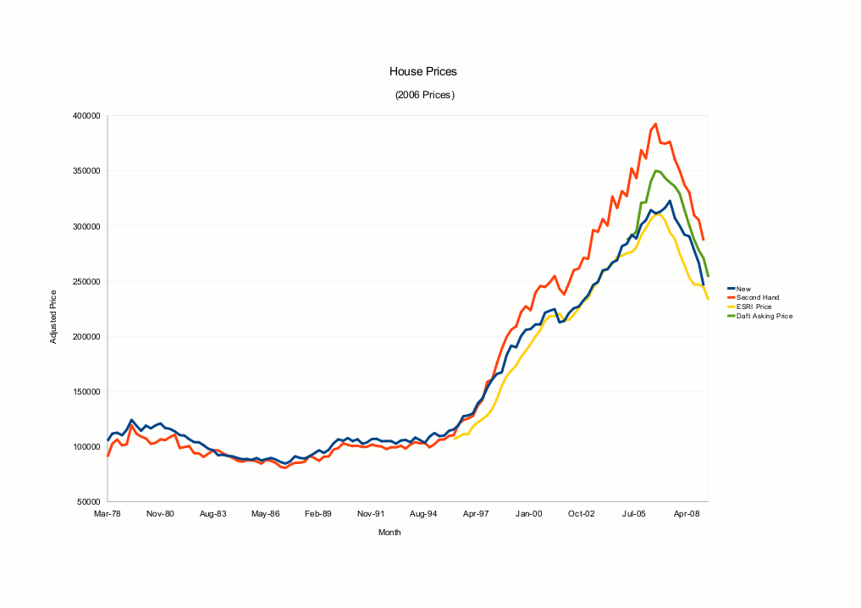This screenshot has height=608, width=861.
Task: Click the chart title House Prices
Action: pyautogui.click(x=423, y=72)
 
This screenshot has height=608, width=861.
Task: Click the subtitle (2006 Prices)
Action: pyautogui.click(x=424, y=95)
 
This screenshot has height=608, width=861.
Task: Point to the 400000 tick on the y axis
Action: pyautogui.click(x=87, y=116)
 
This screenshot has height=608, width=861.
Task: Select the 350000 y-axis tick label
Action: pyautogui.click(x=87, y=171)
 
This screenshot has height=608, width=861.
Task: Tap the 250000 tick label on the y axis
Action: pyautogui.click(x=87, y=281)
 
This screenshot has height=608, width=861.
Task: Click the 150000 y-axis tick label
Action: pyautogui.click(x=87, y=391)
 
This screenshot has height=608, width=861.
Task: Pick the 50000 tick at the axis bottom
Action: pyautogui.click(x=90, y=501)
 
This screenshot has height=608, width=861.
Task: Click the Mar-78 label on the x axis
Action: pyautogui.click(x=108, y=514)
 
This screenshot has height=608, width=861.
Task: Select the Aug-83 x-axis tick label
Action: pyautogui.click(x=212, y=514)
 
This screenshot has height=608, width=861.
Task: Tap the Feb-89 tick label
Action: pyautogui.click(x=318, y=514)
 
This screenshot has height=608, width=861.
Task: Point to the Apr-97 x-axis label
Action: pyautogui.click(x=476, y=514)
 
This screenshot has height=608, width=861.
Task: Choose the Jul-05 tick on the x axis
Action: pyautogui.click(x=635, y=514)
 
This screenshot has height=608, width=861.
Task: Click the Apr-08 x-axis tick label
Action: pyautogui.click(x=687, y=514)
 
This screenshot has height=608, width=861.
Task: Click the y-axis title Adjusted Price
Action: pyautogui.click(x=53, y=316)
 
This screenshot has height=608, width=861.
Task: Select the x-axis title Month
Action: pyautogui.click(x=389, y=533)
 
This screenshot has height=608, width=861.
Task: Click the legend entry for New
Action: pyautogui.click(x=744, y=289)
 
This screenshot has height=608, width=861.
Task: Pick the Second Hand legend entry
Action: pyautogui.click(x=757, y=297)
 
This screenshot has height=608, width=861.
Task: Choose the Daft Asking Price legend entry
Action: pyautogui.click(x=764, y=316)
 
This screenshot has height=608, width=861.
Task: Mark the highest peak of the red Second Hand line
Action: pyautogui.click(x=655, y=124)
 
